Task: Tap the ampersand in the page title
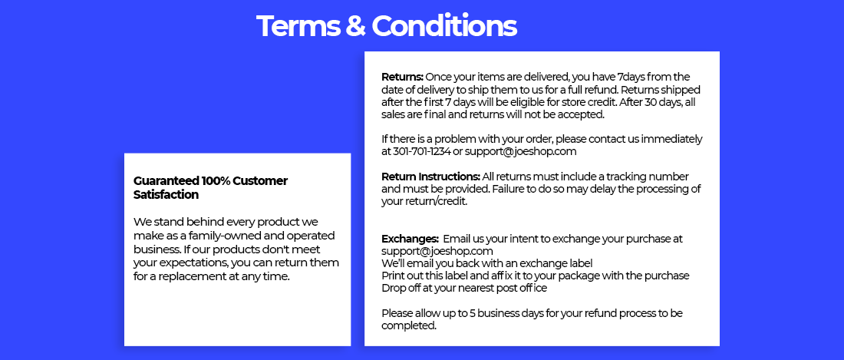coord(354,26)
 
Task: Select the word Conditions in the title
coord(444,26)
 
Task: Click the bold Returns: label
coord(403,77)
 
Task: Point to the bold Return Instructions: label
coord(430,177)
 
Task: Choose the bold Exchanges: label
coord(410,239)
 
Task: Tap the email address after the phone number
coord(520,152)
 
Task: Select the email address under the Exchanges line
coord(437,251)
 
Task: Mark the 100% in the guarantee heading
coord(216,181)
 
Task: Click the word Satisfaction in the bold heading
coord(166,195)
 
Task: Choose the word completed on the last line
coord(408,325)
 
